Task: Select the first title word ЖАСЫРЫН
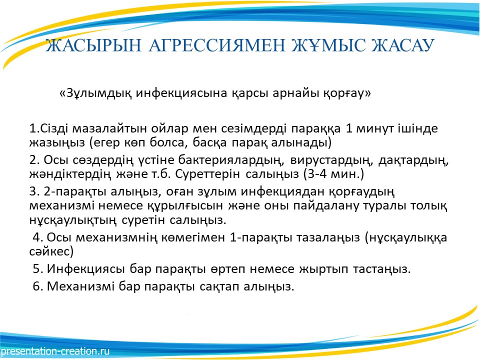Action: [93, 45]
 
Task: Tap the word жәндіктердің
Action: [70, 174]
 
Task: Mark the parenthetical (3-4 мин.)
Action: [333, 174]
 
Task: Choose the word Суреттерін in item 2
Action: [207, 174]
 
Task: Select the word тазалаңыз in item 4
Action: [328, 238]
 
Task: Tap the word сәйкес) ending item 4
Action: [51, 251]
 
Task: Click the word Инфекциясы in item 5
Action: [85, 269]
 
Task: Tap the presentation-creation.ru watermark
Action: [55, 351]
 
